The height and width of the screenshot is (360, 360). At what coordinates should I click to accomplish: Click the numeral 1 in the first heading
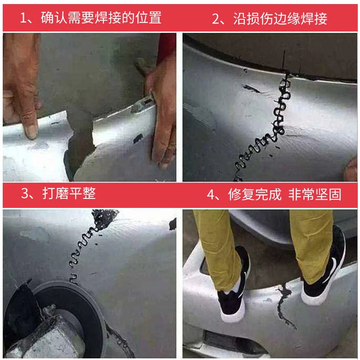click(25, 18)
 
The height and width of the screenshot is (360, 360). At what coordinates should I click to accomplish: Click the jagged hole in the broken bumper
click(81, 135)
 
